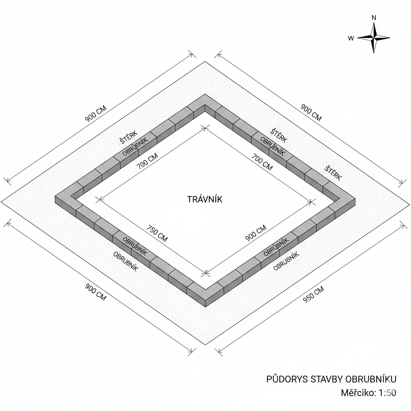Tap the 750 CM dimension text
pyautogui.click(x=157, y=233)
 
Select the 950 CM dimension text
pyautogui.click(x=313, y=294)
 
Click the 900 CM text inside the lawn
pyautogui.click(x=256, y=233)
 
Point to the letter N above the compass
pyautogui.click(x=374, y=18)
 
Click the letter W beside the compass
pyautogui.click(x=351, y=38)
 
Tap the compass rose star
pyautogui.click(x=374, y=38)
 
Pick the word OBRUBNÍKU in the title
pyautogui.click(x=371, y=379)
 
